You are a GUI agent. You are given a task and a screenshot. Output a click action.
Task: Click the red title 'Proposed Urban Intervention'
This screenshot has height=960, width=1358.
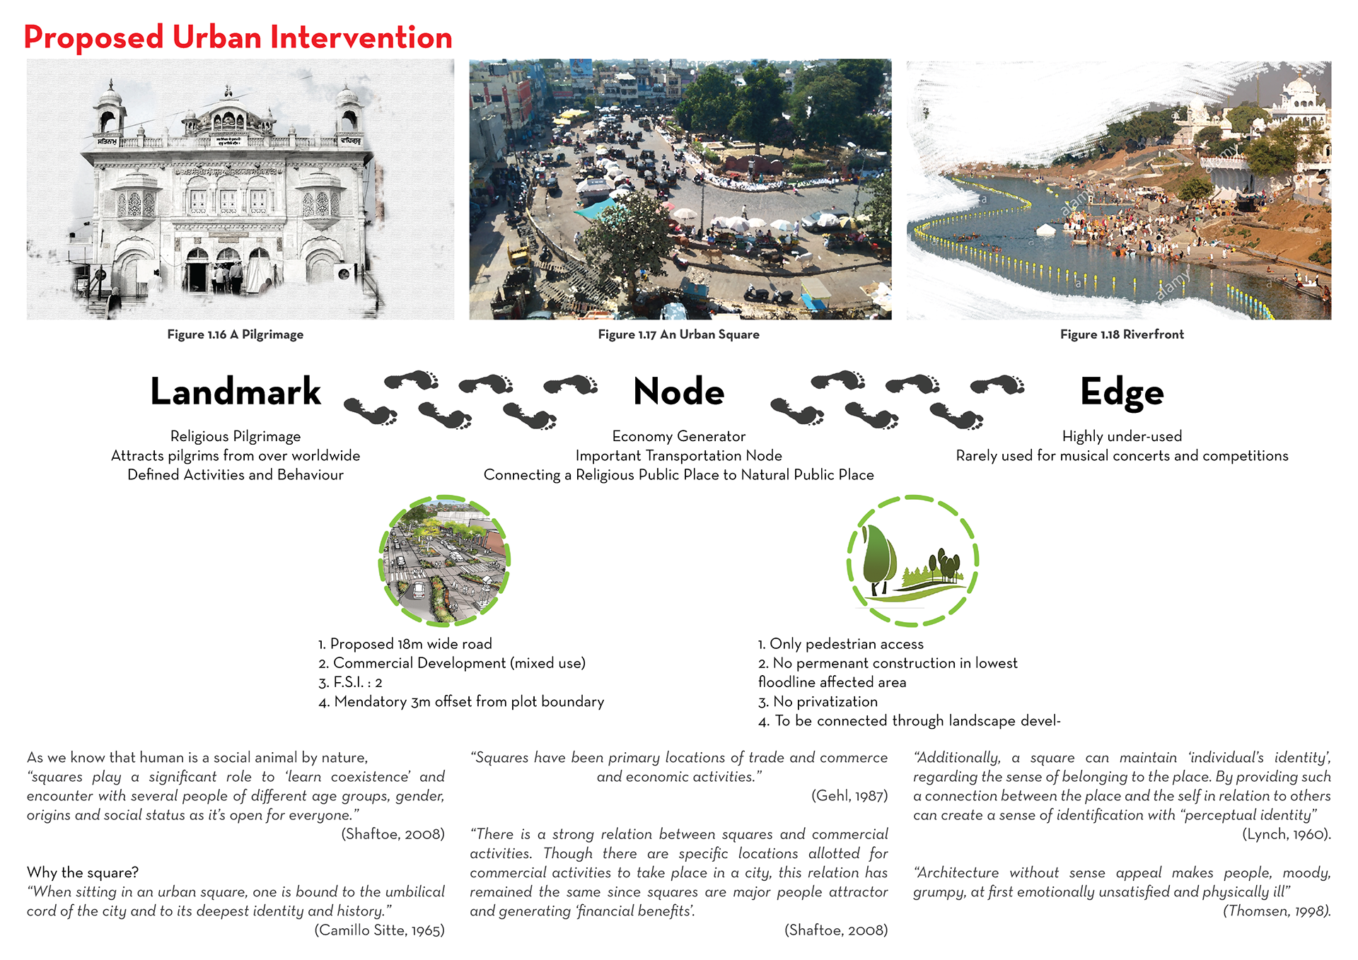click(x=238, y=37)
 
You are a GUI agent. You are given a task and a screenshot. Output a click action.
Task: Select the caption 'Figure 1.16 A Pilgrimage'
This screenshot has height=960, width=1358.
click(x=236, y=334)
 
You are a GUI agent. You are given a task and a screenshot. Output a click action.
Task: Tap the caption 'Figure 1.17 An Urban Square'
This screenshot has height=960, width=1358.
click(x=678, y=334)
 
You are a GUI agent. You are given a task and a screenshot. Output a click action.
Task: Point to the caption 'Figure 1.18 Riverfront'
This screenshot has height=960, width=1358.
click(x=1122, y=334)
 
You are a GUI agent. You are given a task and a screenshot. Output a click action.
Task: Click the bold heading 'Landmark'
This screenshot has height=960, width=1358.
click(x=236, y=392)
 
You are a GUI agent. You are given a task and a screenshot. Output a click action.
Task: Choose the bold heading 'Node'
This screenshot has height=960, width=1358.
click(x=678, y=392)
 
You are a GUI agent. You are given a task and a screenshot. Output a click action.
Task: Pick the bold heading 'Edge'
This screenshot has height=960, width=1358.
click(x=1122, y=392)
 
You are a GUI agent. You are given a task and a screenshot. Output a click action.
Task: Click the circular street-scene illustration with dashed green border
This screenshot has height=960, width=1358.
click(x=444, y=561)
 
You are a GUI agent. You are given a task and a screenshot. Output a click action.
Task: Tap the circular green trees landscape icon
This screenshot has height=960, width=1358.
click(x=912, y=561)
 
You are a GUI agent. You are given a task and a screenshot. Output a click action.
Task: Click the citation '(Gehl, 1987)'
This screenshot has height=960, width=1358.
click(x=849, y=796)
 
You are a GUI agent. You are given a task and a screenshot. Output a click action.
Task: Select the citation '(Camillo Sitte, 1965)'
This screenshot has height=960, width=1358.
click(x=379, y=930)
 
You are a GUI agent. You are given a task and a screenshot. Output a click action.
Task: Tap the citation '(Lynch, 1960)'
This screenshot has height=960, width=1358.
click(x=1286, y=834)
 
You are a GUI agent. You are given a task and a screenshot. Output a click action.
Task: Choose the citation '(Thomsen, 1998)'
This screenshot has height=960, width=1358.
click(x=1277, y=911)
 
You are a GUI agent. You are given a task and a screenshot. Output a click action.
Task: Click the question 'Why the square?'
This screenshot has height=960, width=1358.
click(x=83, y=872)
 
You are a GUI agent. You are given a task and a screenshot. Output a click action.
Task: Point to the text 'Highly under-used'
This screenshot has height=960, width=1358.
click(x=1122, y=436)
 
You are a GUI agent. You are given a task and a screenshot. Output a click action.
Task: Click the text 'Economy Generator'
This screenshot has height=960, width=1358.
click(x=678, y=436)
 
